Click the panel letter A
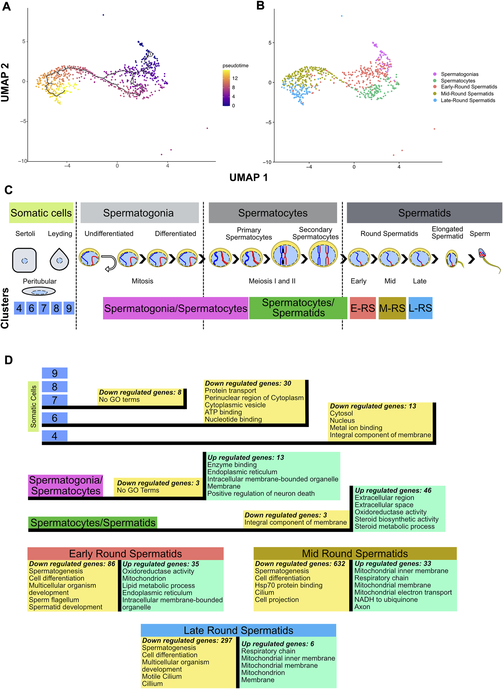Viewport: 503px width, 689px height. coord(6,6)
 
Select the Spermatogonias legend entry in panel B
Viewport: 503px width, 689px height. coord(459,74)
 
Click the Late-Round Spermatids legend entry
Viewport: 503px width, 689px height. coord(467,101)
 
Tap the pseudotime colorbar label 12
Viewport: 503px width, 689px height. coord(235,78)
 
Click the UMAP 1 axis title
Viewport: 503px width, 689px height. coord(248,177)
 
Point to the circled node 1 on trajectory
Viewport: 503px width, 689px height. coord(150,54)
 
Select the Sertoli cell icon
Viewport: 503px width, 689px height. coord(24,260)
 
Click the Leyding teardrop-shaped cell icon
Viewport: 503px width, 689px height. coord(59,260)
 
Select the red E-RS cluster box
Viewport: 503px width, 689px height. coord(362,308)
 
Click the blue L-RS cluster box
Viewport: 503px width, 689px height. coord(420,308)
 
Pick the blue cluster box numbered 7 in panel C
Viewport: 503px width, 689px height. coord(44,308)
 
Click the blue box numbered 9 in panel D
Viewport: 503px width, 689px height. coord(54,373)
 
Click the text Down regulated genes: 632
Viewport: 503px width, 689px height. coord(300,564)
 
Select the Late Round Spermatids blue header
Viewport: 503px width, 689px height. coord(239,630)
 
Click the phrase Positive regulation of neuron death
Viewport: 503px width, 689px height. coord(261,494)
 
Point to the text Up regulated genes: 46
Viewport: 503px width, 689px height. coord(393,490)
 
